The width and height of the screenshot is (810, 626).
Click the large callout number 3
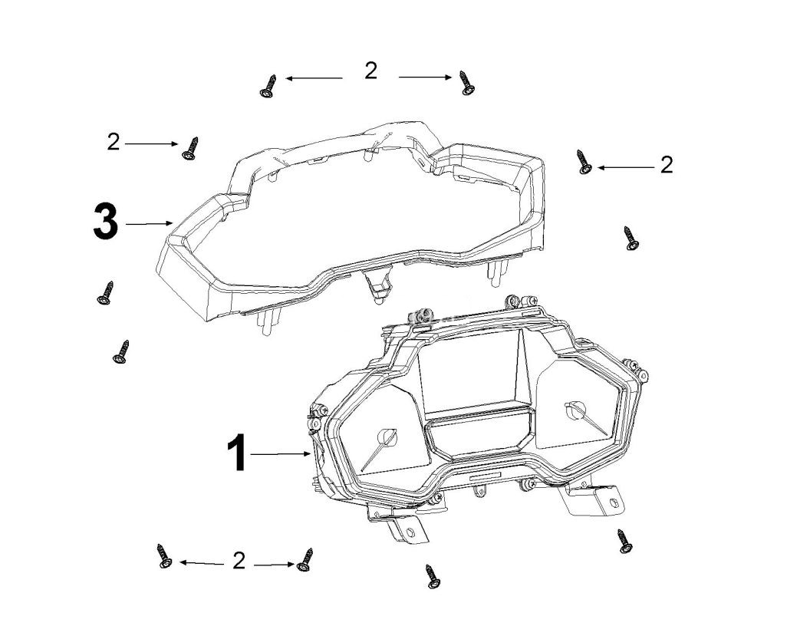pos(105,223)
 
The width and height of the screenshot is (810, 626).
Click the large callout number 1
pos(237,453)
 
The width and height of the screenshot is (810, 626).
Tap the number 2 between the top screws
pos(371,71)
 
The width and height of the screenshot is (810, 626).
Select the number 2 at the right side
pos(667,165)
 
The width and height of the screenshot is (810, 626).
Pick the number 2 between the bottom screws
pos(239,562)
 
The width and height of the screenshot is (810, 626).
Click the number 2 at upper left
pos(114,142)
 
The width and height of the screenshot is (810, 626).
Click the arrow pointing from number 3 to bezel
pos(149,223)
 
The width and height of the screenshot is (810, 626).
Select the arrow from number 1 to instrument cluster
pos(280,455)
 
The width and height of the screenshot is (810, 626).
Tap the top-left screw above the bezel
pos(268,86)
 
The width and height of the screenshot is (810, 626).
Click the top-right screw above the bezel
pos(466,82)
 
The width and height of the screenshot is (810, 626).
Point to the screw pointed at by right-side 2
pos(584,162)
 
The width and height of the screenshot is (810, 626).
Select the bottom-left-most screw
pos(164,557)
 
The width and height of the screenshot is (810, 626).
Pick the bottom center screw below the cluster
pos(433,576)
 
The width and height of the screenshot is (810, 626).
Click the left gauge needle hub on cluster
pos(387,437)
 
